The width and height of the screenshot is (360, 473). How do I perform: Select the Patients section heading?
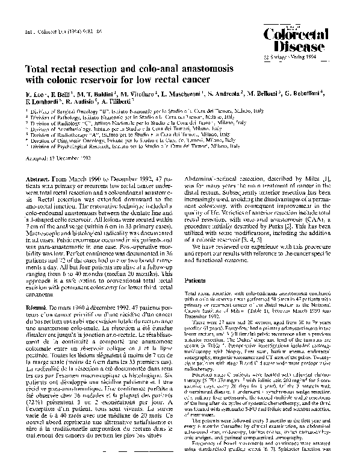197,280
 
